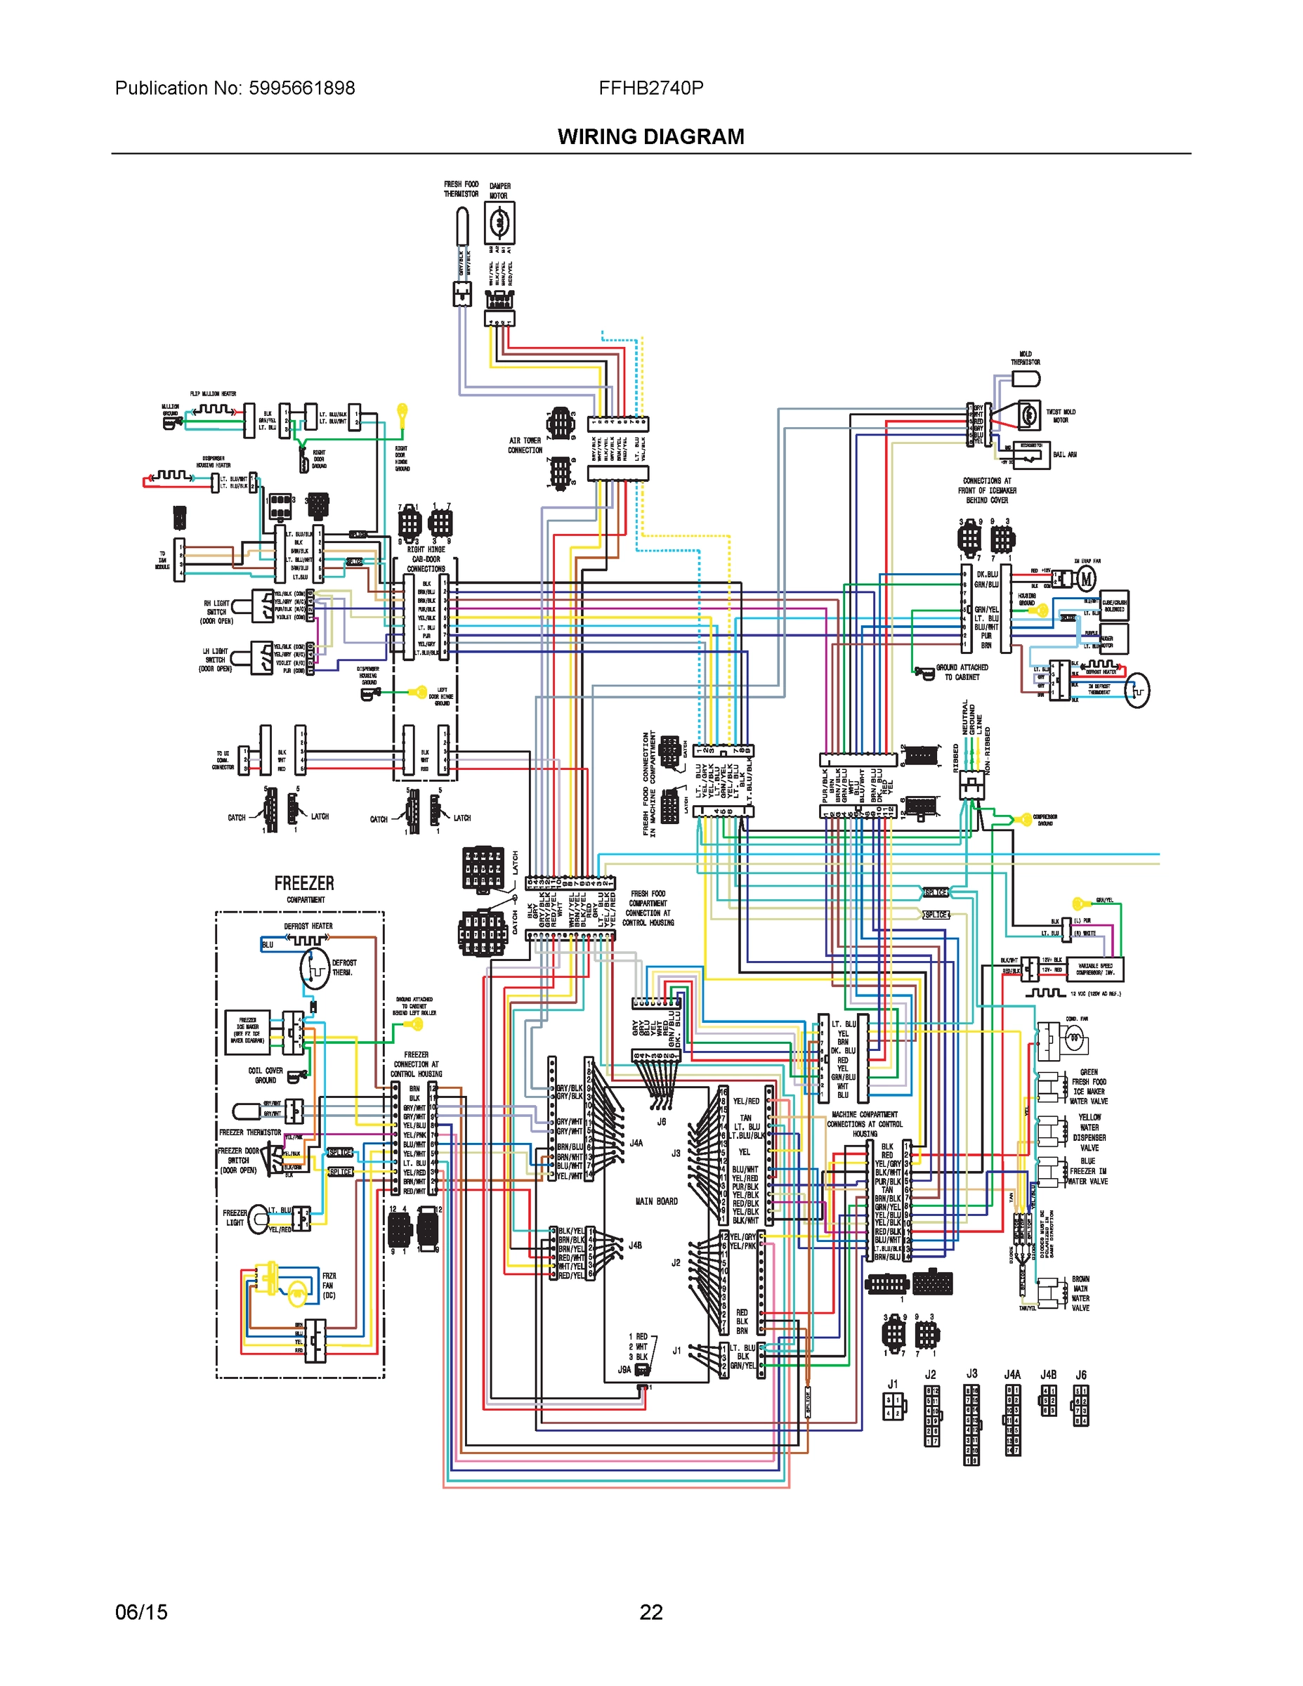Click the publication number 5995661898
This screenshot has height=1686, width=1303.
coord(301,88)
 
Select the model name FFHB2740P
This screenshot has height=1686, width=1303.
coord(650,88)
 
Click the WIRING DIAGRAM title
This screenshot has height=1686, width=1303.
coord(650,137)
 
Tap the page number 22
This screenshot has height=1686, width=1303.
coord(650,1612)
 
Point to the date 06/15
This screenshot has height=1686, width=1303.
coord(141,1612)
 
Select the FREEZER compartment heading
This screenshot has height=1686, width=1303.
coord(304,883)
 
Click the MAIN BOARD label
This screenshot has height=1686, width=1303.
coord(656,1201)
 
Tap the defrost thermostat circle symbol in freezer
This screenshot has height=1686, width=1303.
coord(315,969)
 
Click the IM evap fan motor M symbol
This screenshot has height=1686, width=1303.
coord(1086,578)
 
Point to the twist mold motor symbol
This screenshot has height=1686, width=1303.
coord(1028,415)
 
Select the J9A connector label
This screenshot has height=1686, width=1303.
coord(624,1369)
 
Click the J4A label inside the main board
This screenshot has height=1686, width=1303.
coord(636,1142)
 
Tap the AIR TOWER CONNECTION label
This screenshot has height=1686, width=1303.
coord(525,445)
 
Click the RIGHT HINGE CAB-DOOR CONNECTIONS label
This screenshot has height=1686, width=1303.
coord(426,559)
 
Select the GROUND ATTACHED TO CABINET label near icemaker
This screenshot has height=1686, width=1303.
coord(961,672)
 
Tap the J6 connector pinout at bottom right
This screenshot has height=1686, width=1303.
coord(1081,1404)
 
